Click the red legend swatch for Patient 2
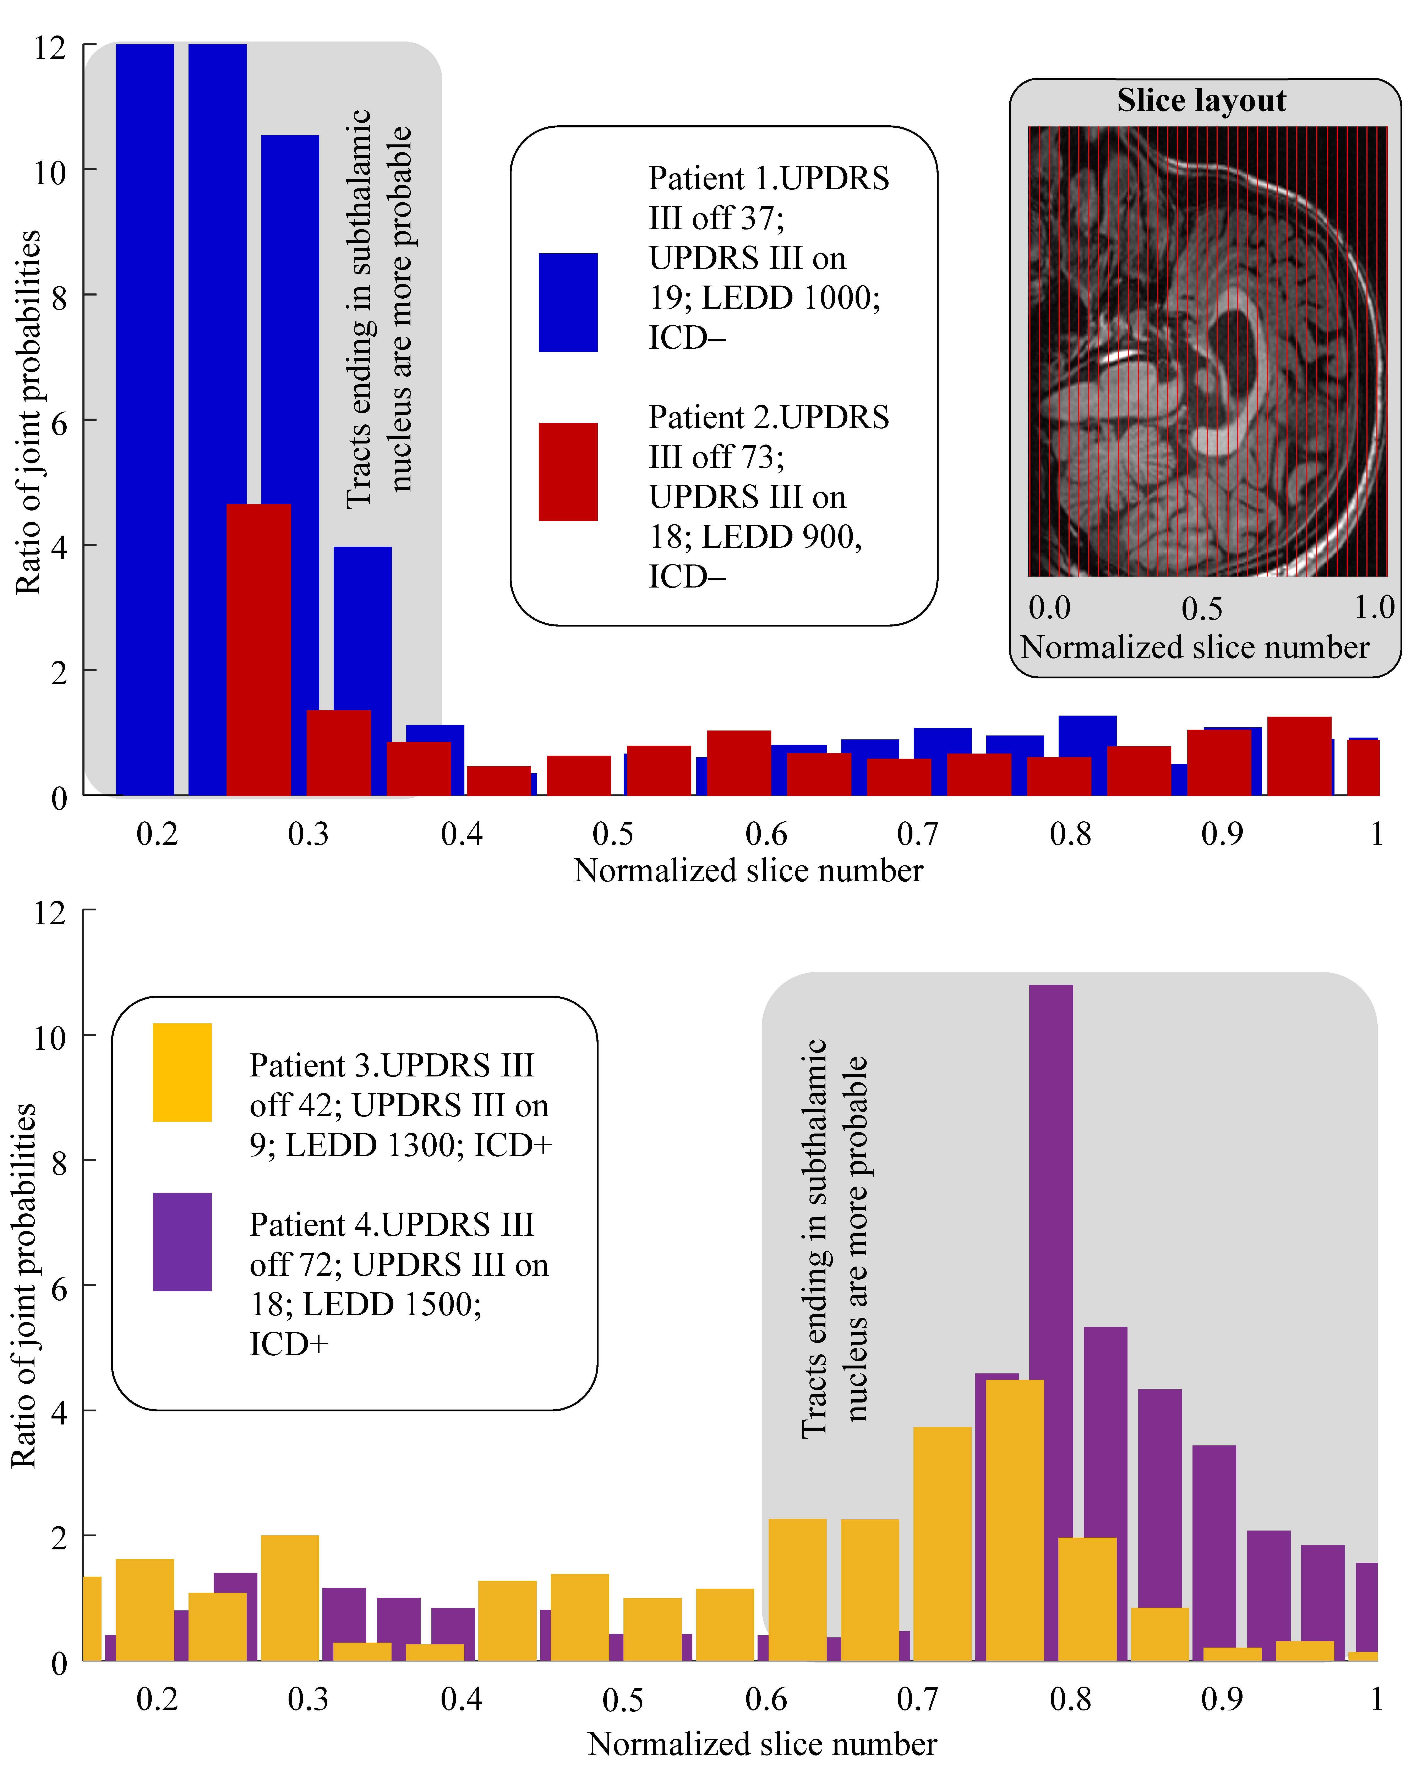tap(567, 472)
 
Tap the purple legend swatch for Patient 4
tap(182, 1241)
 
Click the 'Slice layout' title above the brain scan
tap(1201, 100)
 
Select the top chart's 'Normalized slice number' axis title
tap(748, 870)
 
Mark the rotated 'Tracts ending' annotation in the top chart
tap(377, 309)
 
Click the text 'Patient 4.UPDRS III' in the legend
tap(392, 1224)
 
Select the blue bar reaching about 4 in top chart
tap(362, 626)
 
